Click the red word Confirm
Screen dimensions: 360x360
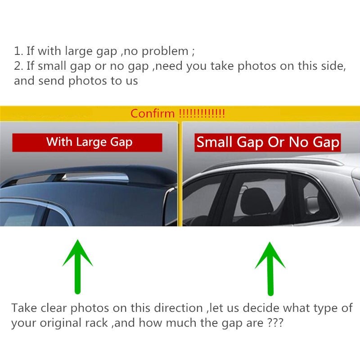[153, 113]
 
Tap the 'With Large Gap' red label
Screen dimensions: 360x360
[87, 142]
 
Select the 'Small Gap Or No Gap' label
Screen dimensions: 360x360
[268, 142]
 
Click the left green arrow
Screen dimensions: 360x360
[77, 267]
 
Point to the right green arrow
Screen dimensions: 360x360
[270, 269]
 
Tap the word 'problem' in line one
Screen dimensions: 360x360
[165, 51]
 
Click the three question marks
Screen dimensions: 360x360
[275, 323]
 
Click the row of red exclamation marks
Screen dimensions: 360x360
[202, 113]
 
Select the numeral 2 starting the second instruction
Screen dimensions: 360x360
[17, 66]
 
